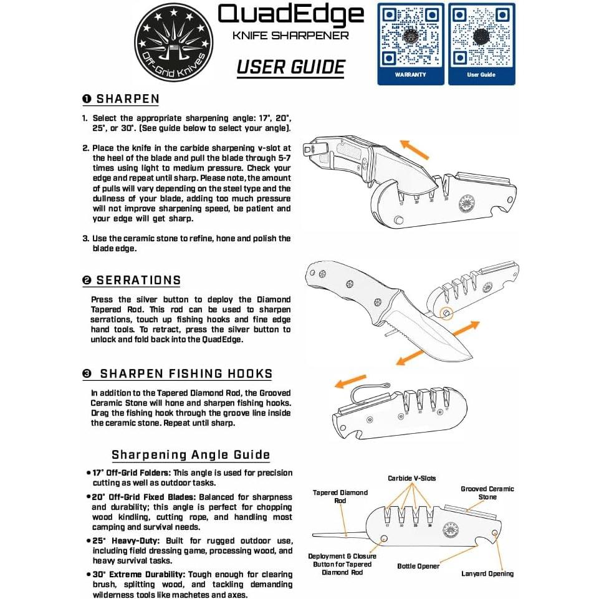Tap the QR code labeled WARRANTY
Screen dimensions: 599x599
click(411, 37)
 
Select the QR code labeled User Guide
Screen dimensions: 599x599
click(481, 37)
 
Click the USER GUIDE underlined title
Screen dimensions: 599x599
click(291, 67)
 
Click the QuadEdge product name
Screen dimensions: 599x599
click(291, 15)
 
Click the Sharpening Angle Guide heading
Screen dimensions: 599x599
click(191, 454)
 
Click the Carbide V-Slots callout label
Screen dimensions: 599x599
click(411, 479)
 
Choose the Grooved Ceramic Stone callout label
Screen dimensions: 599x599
click(487, 493)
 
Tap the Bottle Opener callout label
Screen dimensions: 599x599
click(418, 566)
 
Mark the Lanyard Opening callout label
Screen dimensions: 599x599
click(487, 573)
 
